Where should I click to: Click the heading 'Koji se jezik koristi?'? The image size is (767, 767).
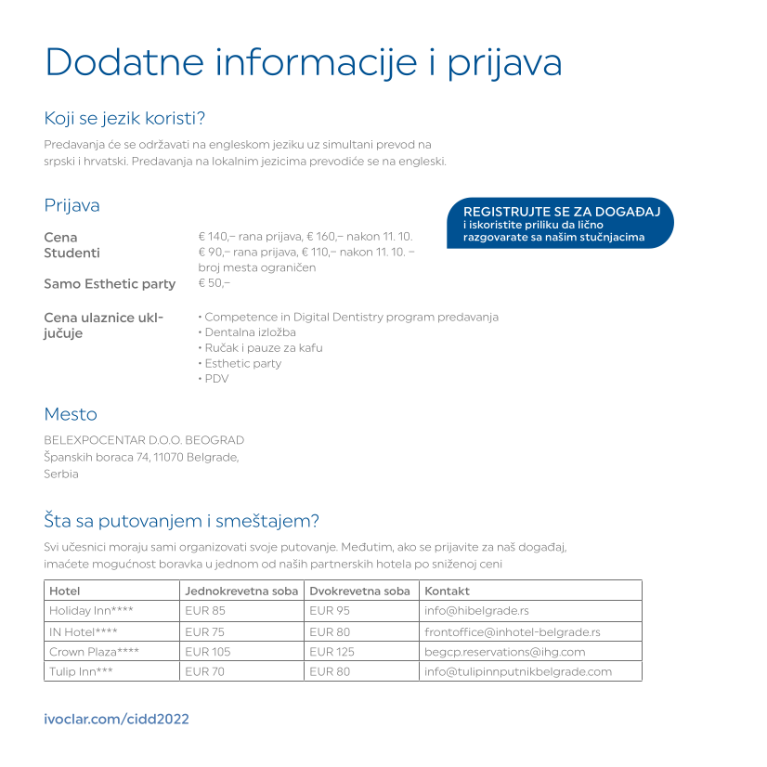point(124,119)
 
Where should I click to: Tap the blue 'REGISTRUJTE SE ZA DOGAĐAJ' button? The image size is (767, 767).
point(560,224)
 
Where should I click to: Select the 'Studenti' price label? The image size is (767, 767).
point(72,253)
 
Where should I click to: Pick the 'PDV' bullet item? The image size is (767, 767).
point(215,379)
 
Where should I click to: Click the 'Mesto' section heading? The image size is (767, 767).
point(71,414)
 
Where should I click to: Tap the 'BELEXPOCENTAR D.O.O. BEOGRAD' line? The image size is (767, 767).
point(144,440)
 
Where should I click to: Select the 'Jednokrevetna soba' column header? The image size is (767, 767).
point(241,591)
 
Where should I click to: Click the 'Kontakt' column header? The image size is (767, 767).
point(447,591)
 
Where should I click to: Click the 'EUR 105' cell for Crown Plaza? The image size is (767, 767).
point(208,652)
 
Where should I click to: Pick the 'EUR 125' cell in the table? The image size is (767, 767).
point(332,652)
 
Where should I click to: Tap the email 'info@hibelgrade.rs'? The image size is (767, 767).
point(476,611)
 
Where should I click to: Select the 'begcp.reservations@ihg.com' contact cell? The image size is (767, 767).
point(504,652)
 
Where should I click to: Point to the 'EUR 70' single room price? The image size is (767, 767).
point(204,671)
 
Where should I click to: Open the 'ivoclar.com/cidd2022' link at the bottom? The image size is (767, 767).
point(117,720)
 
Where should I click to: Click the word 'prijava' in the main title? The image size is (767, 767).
point(505,63)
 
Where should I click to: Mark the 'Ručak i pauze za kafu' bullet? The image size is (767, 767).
point(263,348)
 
